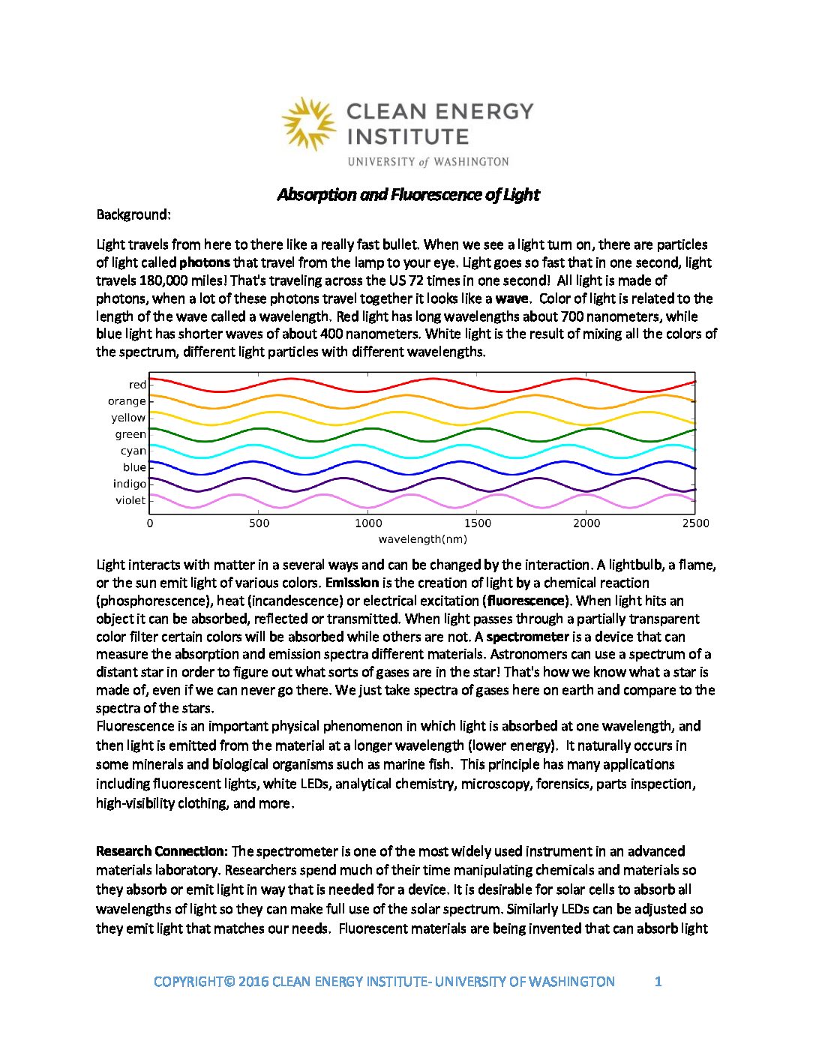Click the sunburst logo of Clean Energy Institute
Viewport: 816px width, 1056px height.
tap(309, 123)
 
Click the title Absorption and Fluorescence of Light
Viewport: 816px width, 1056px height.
tap(408, 195)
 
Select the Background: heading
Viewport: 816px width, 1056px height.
tap(133, 214)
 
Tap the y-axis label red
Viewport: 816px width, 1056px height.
tap(137, 385)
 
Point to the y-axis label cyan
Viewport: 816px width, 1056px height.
tap(133, 451)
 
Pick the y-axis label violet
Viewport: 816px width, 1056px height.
tap(130, 500)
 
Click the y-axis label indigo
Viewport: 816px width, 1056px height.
tap(130, 484)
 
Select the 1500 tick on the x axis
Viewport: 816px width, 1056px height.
tap(477, 523)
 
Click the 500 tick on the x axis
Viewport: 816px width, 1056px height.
tap(259, 523)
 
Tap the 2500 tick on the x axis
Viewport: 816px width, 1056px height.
tap(695, 523)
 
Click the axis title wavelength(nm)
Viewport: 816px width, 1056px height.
tap(422, 539)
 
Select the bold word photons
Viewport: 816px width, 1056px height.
tap(205, 262)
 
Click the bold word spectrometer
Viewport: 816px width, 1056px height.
tap(528, 637)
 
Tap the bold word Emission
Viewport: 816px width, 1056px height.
tap(352, 583)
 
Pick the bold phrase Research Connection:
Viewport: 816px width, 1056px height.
tap(161, 851)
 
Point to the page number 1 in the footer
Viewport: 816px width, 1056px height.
tap(658, 981)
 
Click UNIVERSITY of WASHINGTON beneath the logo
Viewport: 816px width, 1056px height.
tap(428, 162)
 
